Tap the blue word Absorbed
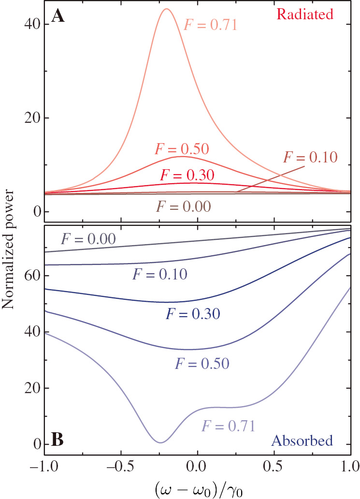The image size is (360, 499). pos(302,440)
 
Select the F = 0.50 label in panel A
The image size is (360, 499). pos(181,148)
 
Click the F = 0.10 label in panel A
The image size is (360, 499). pos(310,157)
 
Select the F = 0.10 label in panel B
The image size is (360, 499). pos(159,274)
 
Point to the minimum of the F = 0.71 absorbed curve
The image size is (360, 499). pos(160,442)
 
